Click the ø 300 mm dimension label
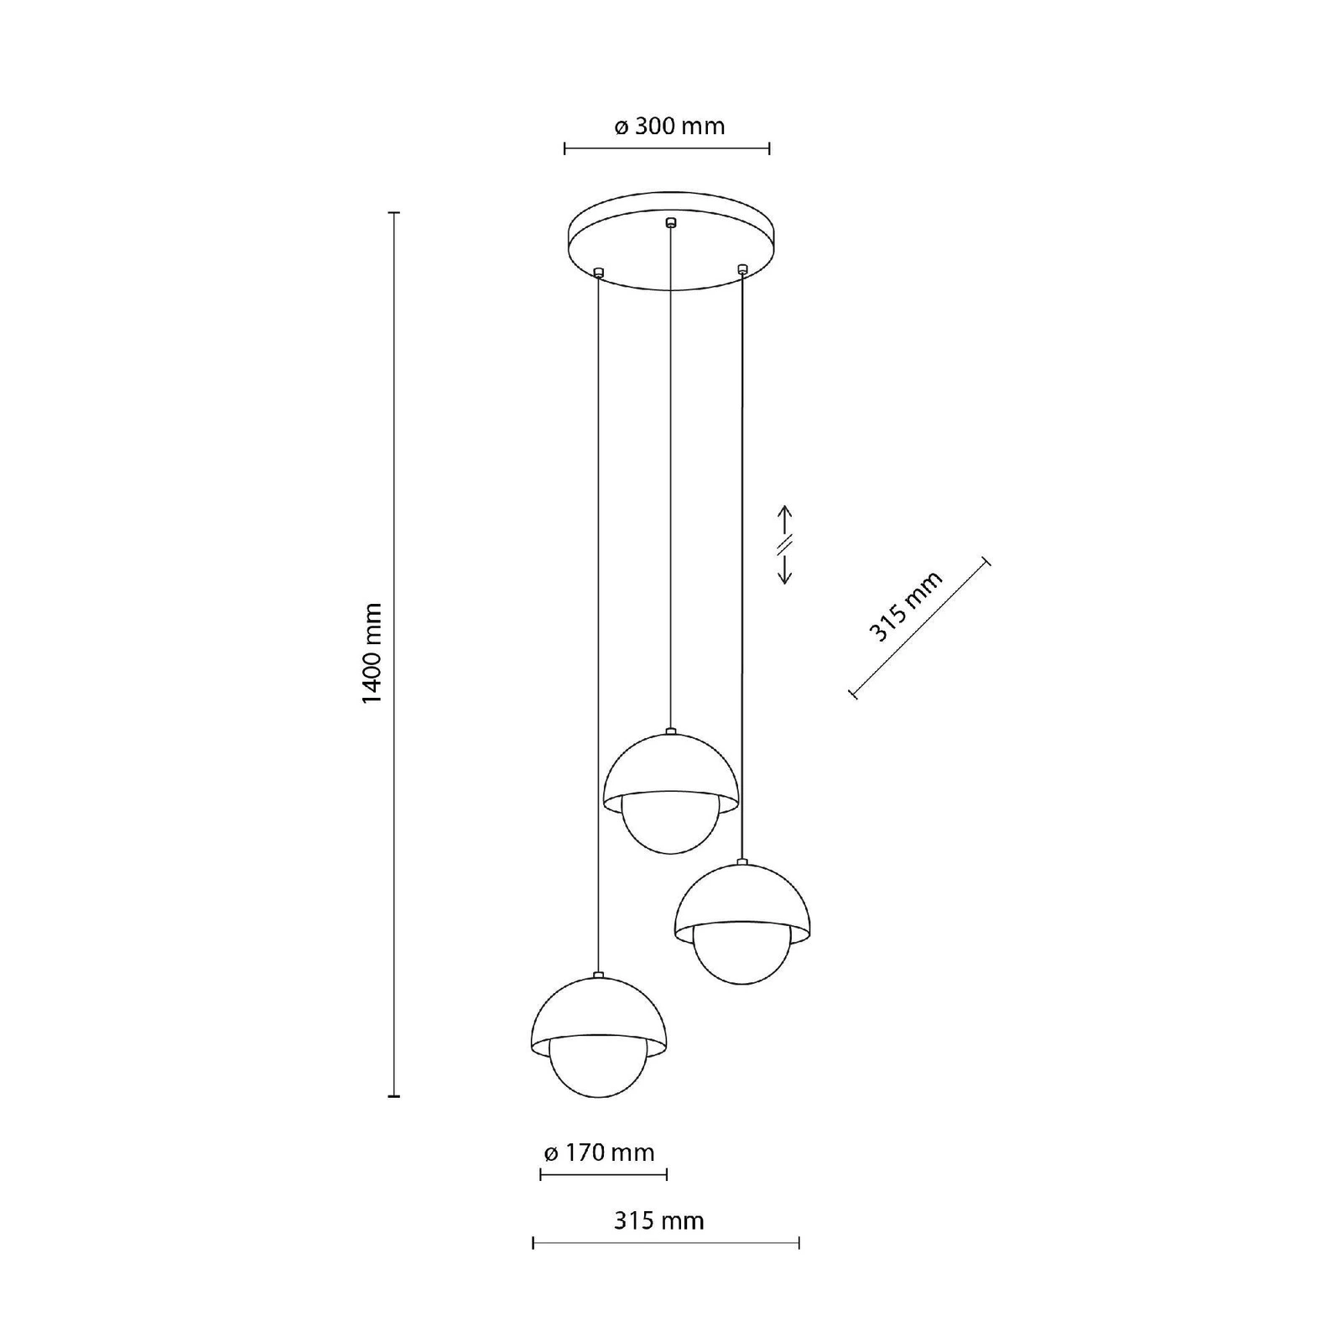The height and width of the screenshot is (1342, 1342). pyautogui.click(x=669, y=127)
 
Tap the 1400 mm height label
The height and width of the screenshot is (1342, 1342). pyautogui.click(x=372, y=654)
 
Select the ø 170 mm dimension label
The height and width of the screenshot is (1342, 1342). pyautogui.click(x=599, y=1152)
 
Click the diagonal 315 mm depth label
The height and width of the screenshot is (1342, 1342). pyautogui.click(x=906, y=606)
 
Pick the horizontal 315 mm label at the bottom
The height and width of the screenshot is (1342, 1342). pyautogui.click(x=659, y=1220)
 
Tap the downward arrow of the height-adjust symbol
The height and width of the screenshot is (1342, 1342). pyautogui.click(x=785, y=567)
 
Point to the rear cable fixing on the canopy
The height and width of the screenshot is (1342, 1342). pyautogui.click(x=669, y=223)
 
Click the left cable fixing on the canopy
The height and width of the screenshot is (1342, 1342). pyautogui.click(x=598, y=272)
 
